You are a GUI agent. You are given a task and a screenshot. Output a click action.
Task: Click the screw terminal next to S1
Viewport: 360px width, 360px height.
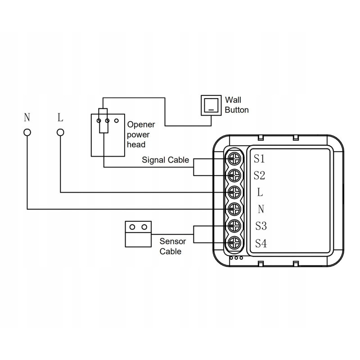[234, 159]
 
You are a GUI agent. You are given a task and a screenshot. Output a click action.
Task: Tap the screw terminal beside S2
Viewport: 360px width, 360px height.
[234, 175]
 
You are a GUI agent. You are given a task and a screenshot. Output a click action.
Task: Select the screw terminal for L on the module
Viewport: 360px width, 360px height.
[234, 192]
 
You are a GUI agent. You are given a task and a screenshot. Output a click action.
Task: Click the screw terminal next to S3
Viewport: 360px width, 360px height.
[234, 226]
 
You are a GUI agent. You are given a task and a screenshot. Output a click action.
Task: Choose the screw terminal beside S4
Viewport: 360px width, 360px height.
[234, 243]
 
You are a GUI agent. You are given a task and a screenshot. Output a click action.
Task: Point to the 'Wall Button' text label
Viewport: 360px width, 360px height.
[236, 104]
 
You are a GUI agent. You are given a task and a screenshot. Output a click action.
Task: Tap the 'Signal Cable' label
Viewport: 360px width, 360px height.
[166, 159]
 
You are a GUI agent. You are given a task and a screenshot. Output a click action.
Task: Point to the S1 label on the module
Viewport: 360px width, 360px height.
[259, 159]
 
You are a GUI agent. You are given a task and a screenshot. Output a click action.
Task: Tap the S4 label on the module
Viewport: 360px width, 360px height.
[261, 243]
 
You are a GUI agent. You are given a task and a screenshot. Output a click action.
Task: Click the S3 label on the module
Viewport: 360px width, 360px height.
[261, 226]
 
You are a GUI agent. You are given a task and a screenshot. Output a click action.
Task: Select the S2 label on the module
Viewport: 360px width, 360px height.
[259, 175]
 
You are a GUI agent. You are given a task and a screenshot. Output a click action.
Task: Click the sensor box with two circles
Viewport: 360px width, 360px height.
[138, 233]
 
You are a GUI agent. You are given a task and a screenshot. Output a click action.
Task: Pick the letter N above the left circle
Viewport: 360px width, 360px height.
[27, 118]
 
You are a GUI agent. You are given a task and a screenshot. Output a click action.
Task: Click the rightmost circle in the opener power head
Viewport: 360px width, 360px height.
[116, 121]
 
